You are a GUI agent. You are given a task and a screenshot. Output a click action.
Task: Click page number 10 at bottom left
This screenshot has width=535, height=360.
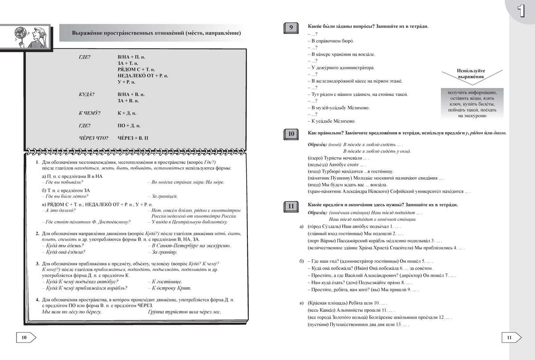pyautogui.click(x=25, y=338)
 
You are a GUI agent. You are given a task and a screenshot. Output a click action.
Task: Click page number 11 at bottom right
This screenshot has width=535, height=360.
pyautogui.click(x=510, y=338)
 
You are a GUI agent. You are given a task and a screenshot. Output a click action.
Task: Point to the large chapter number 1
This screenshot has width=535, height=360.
pyautogui.click(x=520, y=10)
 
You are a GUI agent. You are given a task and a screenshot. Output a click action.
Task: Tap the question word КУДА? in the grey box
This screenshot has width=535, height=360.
pyautogui.click(x=86, y=95)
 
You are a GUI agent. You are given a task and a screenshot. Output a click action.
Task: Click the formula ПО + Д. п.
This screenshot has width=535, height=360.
pyautogui.click(x=129, y=126)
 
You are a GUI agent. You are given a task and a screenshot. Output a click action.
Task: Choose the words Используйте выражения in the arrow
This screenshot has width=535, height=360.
pyautogui.click(x=471, y=74)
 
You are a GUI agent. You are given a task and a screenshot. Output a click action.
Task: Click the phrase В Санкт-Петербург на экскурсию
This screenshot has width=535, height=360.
pyautogui.click(x=191, y=245)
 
